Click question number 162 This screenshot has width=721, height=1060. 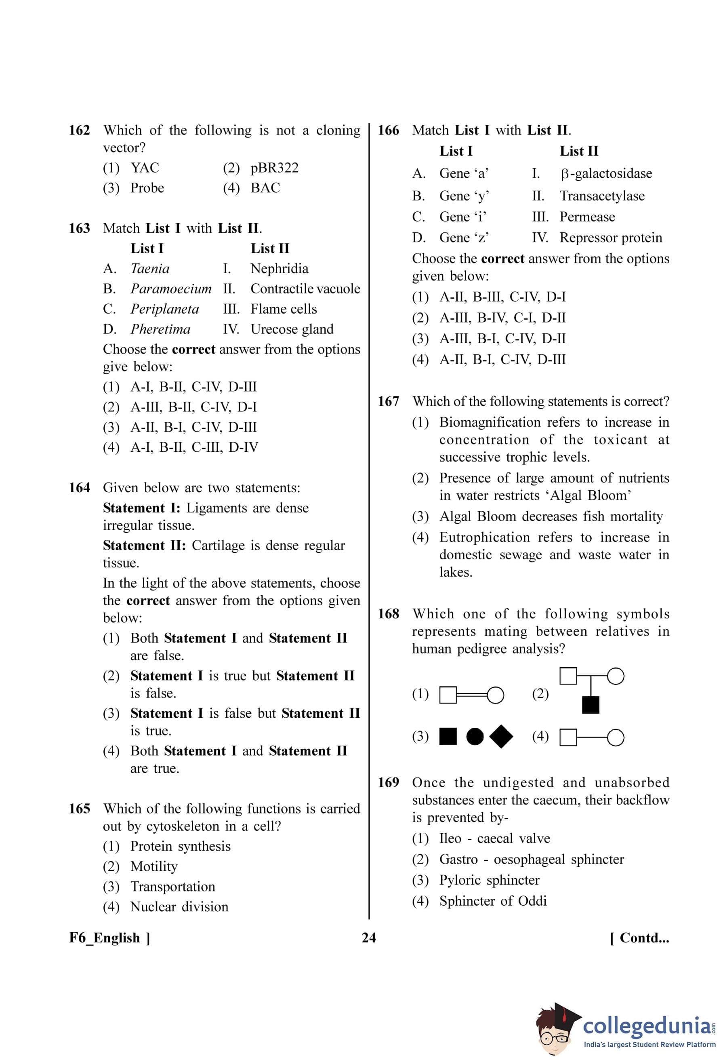click(x=79, y=131)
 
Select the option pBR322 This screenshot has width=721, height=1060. click(x=274, y=168)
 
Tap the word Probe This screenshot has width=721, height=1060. click(x=147, y=188)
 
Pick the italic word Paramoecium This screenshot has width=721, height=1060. click(x=171, y=289)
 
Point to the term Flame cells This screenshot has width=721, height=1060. click(x=284, y=309)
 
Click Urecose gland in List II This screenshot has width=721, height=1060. click(x=292, y=329)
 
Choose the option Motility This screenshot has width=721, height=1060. click(x=153, y=866)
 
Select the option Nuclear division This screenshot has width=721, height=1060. click(x=179, y=906)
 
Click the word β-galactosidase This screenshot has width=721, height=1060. click(x=606, y=174)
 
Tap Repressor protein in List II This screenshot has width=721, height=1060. click(x=611, y=238)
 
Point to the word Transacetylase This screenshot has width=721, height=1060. click(x=602, y=196)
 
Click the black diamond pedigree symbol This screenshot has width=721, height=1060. click(x=501, y=736)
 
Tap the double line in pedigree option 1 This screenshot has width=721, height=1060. click(x=472, y=695)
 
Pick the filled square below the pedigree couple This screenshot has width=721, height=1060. click(x=591, y=705)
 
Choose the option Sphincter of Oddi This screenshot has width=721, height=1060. click(x=493, y=901)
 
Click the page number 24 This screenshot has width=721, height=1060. click(x=369, y=938)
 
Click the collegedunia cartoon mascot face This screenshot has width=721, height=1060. click(x=554, y=1035)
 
